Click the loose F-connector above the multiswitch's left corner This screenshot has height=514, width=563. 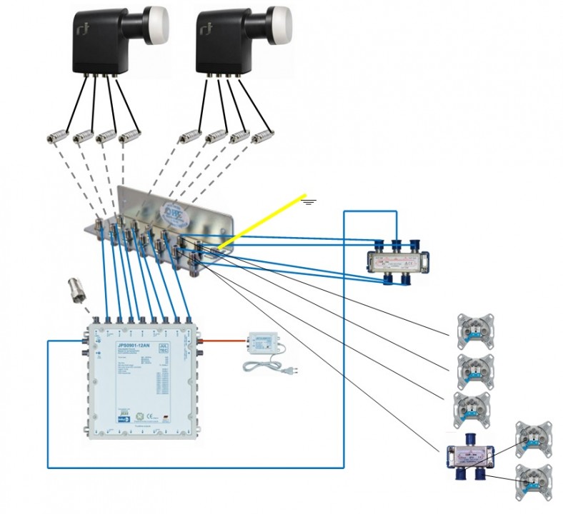(76, 291)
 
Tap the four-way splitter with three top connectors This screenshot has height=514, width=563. (397, 261)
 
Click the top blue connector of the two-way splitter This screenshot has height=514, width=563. (471, 439)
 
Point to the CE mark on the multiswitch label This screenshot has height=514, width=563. (131, 410)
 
